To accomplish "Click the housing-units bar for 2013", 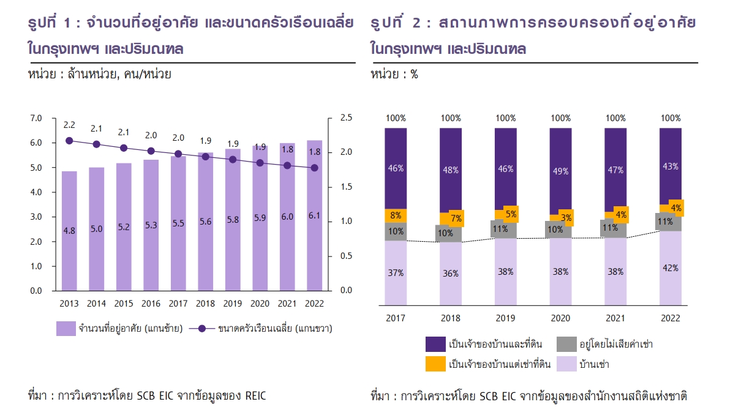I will (x=69, y=245).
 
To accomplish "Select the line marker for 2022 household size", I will (x=314, y=168).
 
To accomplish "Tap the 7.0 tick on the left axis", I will (x=36, y=118).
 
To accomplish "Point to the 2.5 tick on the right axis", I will (x=346, y=118).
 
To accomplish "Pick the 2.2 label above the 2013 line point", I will (x=69, y=125).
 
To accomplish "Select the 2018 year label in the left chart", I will (x=205, y=303).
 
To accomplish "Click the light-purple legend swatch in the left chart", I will (x=66, y=329).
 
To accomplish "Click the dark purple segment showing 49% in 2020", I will (x=560, y=171).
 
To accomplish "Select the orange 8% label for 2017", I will (x=396, y=215).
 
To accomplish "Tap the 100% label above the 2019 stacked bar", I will (x=505, y=118).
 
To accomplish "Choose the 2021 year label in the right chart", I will (x=615, y=318).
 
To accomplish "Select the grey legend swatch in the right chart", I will (x=566, y=344).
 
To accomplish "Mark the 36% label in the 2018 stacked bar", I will (x=451, y=274).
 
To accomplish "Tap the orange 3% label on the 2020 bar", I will (x=566, y=217).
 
